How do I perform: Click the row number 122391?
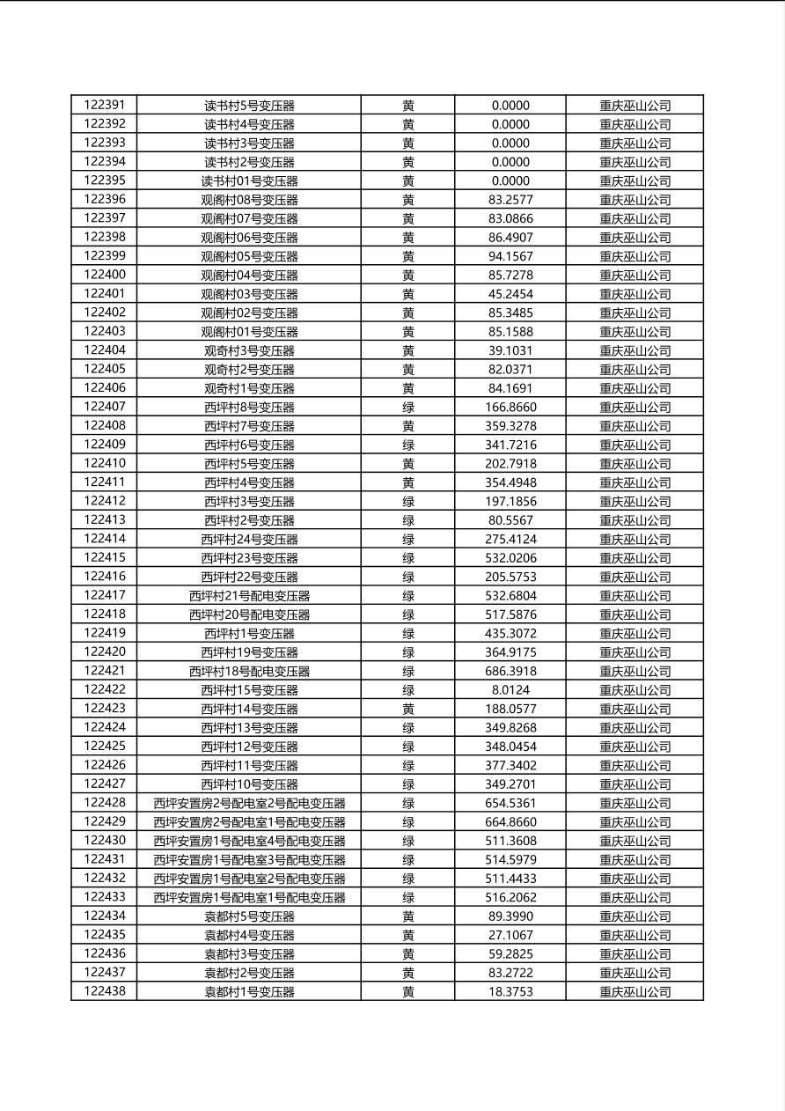[104, 105]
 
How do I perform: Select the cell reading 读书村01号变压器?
[249, 180]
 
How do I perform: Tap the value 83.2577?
[510, 200]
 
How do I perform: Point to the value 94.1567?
[510, 256]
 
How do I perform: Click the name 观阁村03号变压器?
[249, 294]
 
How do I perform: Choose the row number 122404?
[104, 350]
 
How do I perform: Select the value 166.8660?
[510, 407]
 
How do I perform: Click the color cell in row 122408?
[408, 426]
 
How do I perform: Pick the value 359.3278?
[510, 426]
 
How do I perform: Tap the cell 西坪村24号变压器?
[249, 539]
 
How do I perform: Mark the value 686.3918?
[510, 671]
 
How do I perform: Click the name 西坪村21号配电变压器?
[249, 596]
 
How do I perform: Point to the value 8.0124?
[510, 690]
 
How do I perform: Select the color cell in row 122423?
[408, 709]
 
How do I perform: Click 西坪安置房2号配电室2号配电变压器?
[249, 803]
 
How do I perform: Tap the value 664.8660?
[510, 822]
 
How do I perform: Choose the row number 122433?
[104, 897]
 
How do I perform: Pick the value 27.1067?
[510, 935]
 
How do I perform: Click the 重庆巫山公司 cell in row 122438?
[635, 992]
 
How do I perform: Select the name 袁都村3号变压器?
[249, 954]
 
